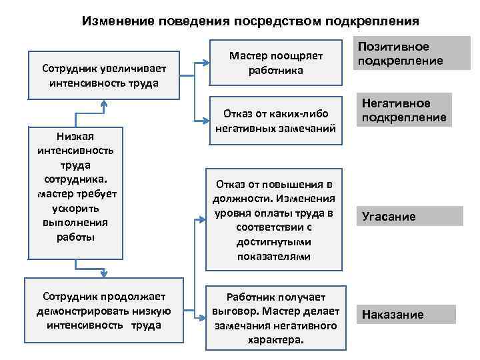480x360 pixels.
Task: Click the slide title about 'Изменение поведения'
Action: pyautogui.click(x=250, y=21)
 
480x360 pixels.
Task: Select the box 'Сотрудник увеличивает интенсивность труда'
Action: pyautogui.click(x=103, y=75)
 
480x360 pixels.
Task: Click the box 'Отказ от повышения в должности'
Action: pyautogui.click(x=275, y=219)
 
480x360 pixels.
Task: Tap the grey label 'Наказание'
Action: pyautogui.click(x=406, y=315)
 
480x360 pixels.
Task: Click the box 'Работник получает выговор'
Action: pyautogui.click(x=275, y=318)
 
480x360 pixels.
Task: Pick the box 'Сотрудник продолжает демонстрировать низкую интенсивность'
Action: pyautogui.click(x=103, y=311)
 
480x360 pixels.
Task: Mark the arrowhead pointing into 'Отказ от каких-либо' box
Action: pyautogui.click(x=204, y=121)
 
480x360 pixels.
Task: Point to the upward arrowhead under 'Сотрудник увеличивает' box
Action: pyautogui.click(x=103, y=104)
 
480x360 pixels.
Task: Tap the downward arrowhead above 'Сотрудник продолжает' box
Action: pyautogui.click(x=103, y=272)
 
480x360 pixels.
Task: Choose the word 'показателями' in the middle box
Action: pyautogui.click(x=273, y=256)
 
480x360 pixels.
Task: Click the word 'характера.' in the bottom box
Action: pyautogui.click(x=275, y=339)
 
